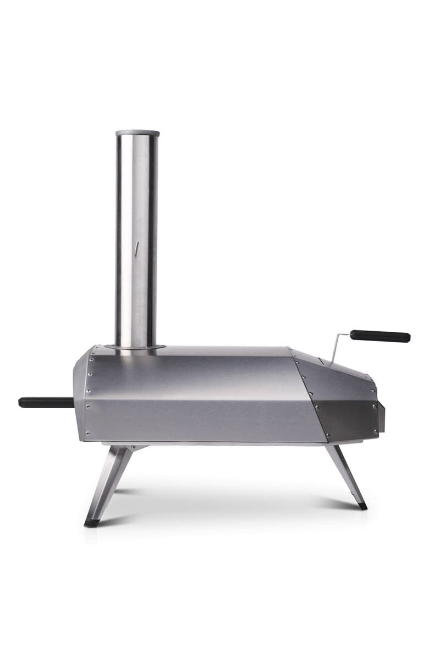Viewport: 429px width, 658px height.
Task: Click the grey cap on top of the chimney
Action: point(137,133)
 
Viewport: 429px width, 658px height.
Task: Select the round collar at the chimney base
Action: point(135,347)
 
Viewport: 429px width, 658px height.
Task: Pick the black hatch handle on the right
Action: point(380,336)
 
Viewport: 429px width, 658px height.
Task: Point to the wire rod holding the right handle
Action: point(337,347)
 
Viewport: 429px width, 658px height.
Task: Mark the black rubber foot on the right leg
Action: point(362,505)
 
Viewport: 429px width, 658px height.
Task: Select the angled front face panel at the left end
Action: point(81,396)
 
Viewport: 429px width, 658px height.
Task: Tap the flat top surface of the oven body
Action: point(220,350)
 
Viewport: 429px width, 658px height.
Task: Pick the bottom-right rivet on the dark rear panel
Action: point(376,431)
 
